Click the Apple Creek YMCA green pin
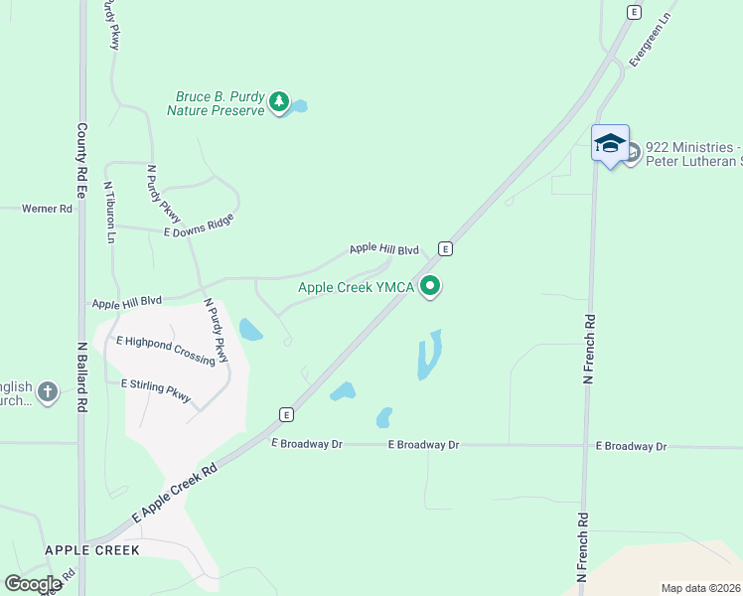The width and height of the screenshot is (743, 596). (430, 287)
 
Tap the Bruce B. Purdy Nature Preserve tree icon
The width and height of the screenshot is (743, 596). (280, 103)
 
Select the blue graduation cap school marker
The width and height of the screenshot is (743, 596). (610, 144)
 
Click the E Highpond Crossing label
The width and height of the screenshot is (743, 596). (165, 349)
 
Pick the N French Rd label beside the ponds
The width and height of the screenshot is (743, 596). (589, 349)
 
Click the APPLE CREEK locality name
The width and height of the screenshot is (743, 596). (91, 549)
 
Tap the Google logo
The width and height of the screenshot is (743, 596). (33, 584)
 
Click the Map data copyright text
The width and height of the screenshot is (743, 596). (700, 588)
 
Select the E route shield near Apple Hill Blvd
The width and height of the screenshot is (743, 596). (446, 248)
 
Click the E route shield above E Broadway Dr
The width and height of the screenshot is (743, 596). (286, 414)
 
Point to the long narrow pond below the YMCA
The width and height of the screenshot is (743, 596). (430, 355)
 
